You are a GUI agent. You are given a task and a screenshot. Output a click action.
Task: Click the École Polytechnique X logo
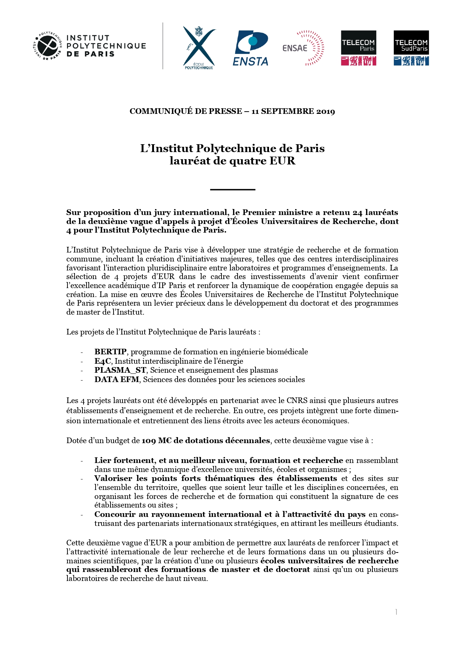(199, 47)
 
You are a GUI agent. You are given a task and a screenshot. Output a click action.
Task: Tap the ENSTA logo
(251, 48)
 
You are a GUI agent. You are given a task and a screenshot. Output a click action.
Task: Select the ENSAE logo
(303, 48)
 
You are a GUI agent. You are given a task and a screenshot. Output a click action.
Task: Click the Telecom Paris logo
(358, 48)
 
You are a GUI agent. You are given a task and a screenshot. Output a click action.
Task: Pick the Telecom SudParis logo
(411, 48)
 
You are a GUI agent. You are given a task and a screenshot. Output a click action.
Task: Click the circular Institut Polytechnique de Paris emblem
(47, 46)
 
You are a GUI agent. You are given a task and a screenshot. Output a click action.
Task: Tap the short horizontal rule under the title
(232, 190)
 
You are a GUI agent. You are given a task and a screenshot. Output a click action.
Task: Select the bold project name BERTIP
(111, 352)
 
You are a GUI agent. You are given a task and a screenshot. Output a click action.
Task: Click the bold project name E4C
(103, 361)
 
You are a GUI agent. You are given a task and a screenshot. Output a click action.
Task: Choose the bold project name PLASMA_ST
(120, 370)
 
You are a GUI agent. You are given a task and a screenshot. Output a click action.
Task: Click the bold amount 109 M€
(156, 440)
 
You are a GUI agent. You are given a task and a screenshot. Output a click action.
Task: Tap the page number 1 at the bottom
(396, 612)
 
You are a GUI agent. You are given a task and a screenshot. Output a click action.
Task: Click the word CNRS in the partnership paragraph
(297, 400)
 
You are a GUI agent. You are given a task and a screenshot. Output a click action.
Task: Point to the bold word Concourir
(115, 514)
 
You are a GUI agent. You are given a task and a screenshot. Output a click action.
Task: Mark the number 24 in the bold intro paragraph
(357, 212)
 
